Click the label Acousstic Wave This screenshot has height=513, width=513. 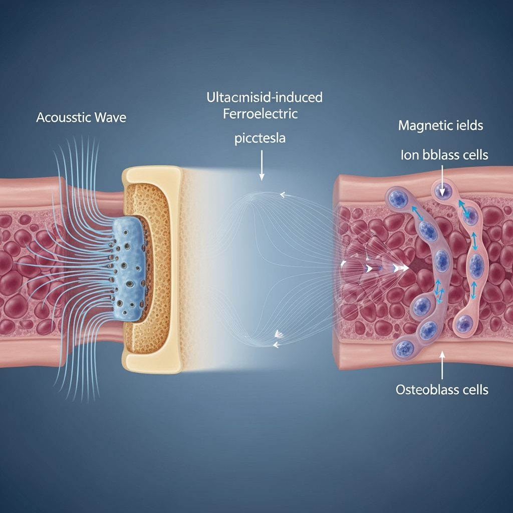[x=81, y=118]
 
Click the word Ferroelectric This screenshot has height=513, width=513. [x=260, y=114]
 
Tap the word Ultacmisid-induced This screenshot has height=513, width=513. [x=265, y=97]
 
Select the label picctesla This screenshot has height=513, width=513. [x=260, y=138]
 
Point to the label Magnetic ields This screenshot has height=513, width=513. [x=441, y=125]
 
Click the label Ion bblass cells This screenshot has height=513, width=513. [x=444, y=155]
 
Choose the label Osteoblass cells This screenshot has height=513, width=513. [x=442, y=389]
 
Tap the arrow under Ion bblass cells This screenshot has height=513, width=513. [x=442, y=175]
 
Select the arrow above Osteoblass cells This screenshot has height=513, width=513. [x=442, y=365]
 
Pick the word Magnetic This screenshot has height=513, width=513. [x=420, y=125]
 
